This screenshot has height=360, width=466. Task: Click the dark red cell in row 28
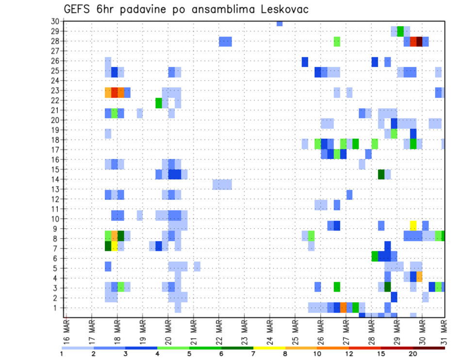tap(419, 42)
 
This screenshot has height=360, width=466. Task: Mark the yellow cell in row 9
tap(413, 225)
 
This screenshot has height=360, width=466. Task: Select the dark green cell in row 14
tap(382, 174)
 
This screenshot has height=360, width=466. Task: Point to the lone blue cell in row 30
tap(280, 23)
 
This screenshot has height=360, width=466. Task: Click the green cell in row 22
tap(159, 103)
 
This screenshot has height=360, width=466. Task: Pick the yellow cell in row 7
tap(115, 246)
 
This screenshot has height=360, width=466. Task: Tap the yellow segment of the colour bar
tap(269, 348)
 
